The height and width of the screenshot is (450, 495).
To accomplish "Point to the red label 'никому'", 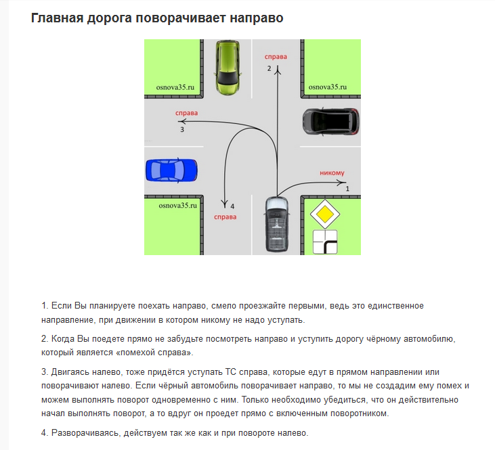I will pos(331,173).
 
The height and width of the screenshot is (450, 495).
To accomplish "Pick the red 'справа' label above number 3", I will pos(186,113).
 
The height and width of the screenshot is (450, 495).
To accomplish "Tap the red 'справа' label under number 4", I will pos(225,217).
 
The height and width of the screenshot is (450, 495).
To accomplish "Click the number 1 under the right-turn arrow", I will pos(347,189).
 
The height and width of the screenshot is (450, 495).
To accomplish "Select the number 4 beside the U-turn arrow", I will pos(232,205).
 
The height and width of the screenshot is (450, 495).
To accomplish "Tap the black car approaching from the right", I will pos(330,120).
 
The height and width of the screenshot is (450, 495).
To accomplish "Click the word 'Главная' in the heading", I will pos(61,18).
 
